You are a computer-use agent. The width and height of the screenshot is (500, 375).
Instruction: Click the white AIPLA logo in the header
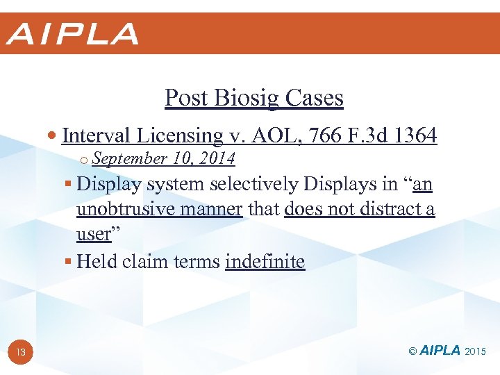73,34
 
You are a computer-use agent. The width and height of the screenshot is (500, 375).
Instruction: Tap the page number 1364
415,135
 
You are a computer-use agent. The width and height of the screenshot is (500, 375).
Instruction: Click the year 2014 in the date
217,159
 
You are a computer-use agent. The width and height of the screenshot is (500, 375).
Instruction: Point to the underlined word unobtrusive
125,209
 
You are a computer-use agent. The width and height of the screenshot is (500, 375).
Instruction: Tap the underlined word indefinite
265,262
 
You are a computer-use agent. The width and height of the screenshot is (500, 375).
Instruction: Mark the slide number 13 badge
21,352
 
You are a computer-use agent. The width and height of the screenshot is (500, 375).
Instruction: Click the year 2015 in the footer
476,352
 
